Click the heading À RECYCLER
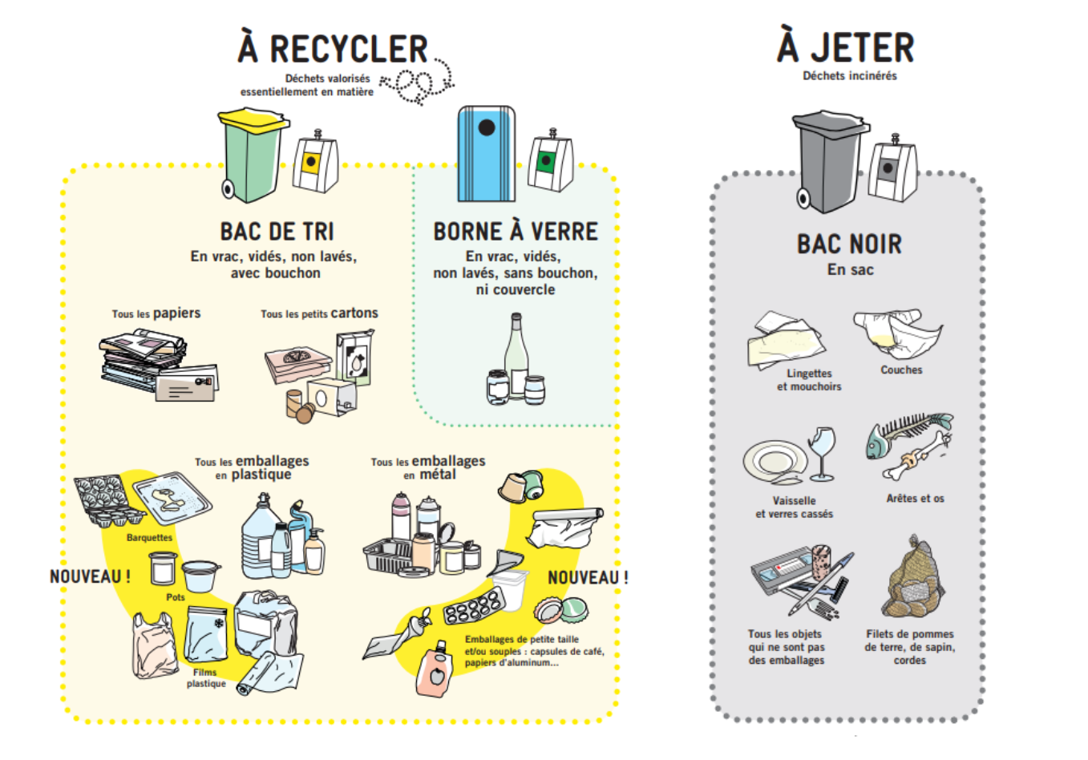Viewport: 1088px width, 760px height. tap(333, 49)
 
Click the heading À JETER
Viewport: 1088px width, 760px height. tap(846, 47)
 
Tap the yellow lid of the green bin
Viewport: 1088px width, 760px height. tap(253, 121)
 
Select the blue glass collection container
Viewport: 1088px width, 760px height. tap(486, 154)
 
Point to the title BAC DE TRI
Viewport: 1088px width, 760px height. tap(277, 232)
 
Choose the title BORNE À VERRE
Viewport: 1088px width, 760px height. tap(516, 232)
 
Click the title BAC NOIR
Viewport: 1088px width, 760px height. tap(849, 244)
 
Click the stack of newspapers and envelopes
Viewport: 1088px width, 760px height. tap(157, 366)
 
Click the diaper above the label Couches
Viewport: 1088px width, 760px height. tap(897, 334)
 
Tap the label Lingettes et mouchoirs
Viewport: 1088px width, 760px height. tap(808, 380)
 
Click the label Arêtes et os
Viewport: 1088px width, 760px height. tap(915, 499)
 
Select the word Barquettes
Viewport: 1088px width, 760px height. tap(149, 538)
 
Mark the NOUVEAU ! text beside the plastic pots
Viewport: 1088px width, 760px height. tap(90, 576)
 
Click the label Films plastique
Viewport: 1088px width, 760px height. tap(205, 678)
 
